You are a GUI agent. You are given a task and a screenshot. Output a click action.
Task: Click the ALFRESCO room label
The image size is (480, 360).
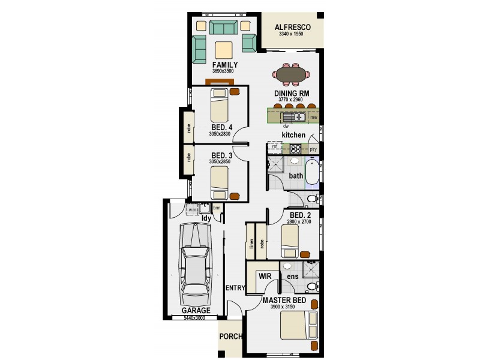292,28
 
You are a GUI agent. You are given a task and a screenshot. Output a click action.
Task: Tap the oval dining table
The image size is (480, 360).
291,74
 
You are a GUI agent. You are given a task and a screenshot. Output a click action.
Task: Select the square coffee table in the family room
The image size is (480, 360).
224,49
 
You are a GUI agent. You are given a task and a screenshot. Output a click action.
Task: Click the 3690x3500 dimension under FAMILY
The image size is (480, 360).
223,71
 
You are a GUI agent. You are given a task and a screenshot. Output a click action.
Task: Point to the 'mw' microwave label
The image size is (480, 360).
313,117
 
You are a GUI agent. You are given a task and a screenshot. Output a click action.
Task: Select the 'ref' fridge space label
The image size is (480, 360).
274,146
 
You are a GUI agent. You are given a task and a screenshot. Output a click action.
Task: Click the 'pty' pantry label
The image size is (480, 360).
313,148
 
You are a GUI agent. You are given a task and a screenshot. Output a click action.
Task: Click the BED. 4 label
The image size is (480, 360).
221,128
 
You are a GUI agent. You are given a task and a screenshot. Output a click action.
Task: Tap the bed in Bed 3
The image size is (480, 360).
220,182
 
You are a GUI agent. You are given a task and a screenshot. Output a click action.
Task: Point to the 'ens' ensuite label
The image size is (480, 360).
293,277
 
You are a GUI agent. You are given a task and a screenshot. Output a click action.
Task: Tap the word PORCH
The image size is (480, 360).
230,337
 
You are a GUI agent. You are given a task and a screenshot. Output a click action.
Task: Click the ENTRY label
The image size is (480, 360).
235,288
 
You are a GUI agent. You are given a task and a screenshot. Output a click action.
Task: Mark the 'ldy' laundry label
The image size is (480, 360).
205,218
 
